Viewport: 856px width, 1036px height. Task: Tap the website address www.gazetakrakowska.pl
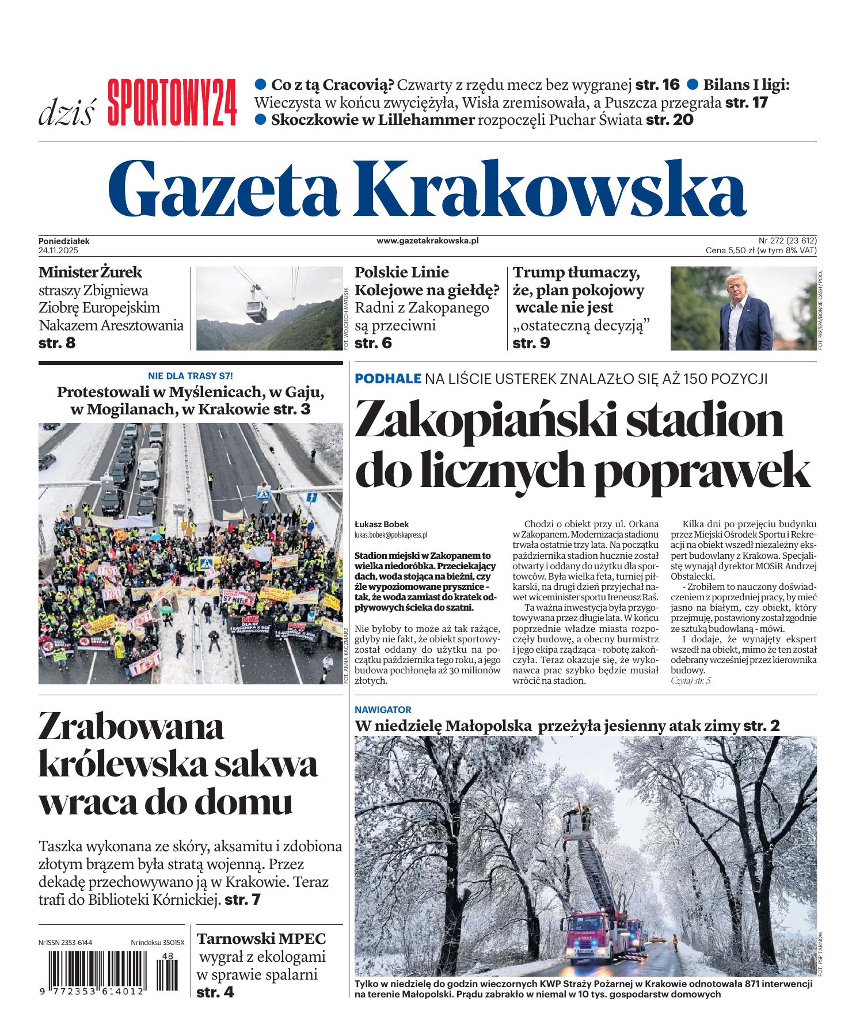(x=427, y=241)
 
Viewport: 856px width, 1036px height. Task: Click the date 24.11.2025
(x=58, y=250)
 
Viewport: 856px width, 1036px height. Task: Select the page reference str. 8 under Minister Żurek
(x=57, y=343)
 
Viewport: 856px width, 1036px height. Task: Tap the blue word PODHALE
(x=388, y=378)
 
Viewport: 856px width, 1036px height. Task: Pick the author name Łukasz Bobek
(x=382, y=524)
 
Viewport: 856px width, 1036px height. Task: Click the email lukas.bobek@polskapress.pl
(x=391, y=534)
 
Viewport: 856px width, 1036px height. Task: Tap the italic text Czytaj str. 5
(x=691, y=681)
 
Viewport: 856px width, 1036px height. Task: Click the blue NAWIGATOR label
(x=383, y=710)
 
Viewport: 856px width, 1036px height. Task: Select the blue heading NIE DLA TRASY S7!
(x=191, y=376)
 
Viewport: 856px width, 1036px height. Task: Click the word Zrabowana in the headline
(x=131, y=728)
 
